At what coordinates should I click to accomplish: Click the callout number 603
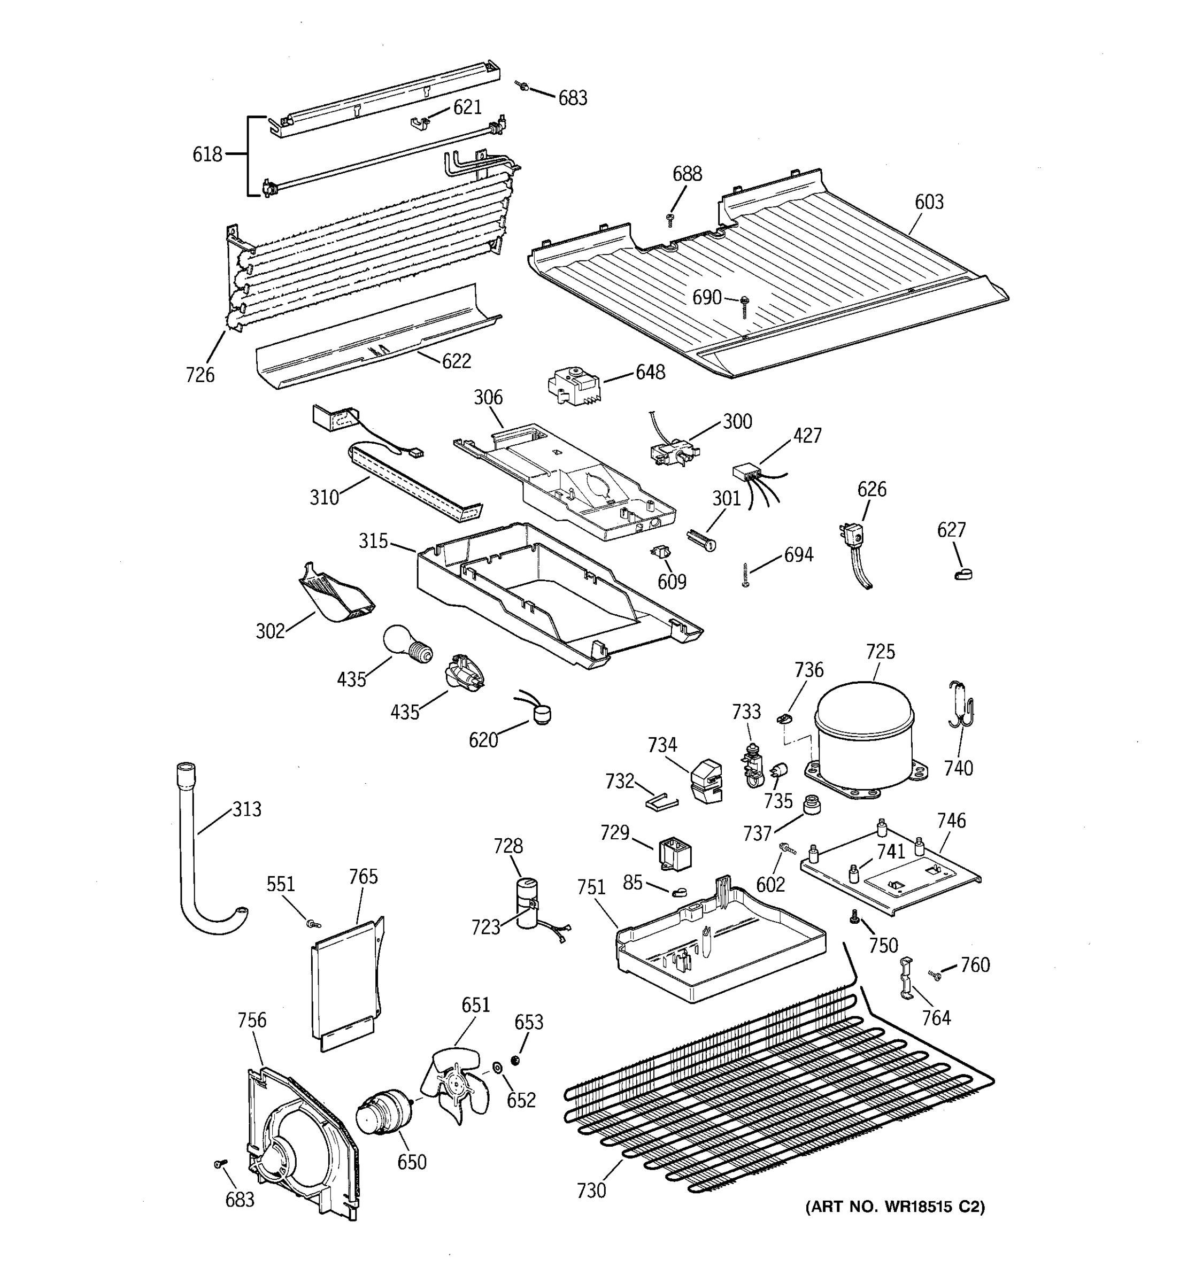point(929,202)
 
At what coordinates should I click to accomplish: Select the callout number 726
point(199,374)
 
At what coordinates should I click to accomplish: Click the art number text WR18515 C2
point(894,1207)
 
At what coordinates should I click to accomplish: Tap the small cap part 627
point(963,573)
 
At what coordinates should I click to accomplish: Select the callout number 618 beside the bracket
point(207,154)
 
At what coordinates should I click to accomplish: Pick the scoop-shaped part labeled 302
point(336,594)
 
